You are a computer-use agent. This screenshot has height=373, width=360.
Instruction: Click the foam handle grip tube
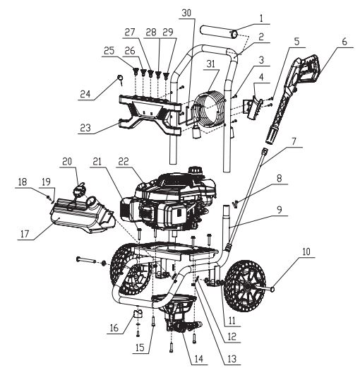click(217, 32)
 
